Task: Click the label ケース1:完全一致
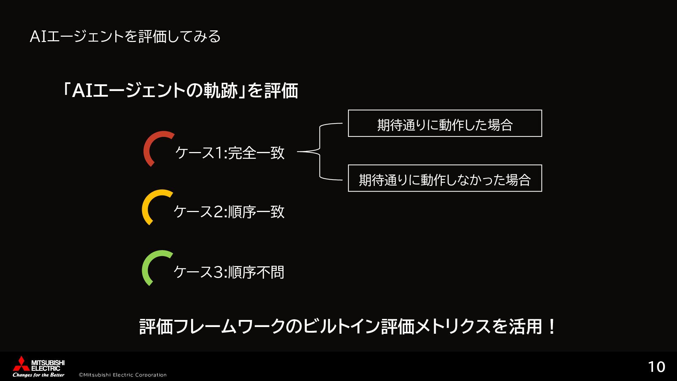point(230,153)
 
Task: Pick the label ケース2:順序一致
point(229,212)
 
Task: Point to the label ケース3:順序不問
point(229,272)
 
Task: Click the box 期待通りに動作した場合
point(445,123)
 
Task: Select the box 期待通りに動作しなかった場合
point(445,179)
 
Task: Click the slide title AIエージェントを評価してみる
point(125,37)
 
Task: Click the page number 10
point(657,367)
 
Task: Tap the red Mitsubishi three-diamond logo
point(21,364)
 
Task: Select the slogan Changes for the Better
point(38,375)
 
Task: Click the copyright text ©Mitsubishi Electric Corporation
point(123,375)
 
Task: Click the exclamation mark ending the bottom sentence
point(552,327)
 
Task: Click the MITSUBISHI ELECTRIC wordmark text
point(48,365)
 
